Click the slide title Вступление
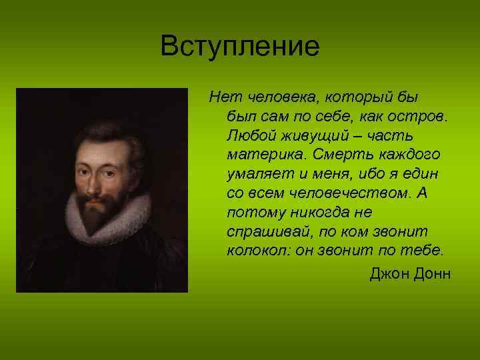pos(240,47)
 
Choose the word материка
pos(261,155)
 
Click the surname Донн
pos(432,273)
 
